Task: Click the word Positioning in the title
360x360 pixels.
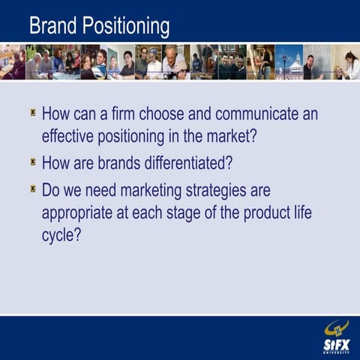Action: (x=125, y=27)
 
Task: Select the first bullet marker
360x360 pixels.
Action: (x=33, y=114)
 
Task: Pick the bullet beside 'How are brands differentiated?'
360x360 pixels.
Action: (x=33, y=161)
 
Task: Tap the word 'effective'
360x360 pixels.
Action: (x=69, y=138)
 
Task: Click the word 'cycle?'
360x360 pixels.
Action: (x=61, y=235)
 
